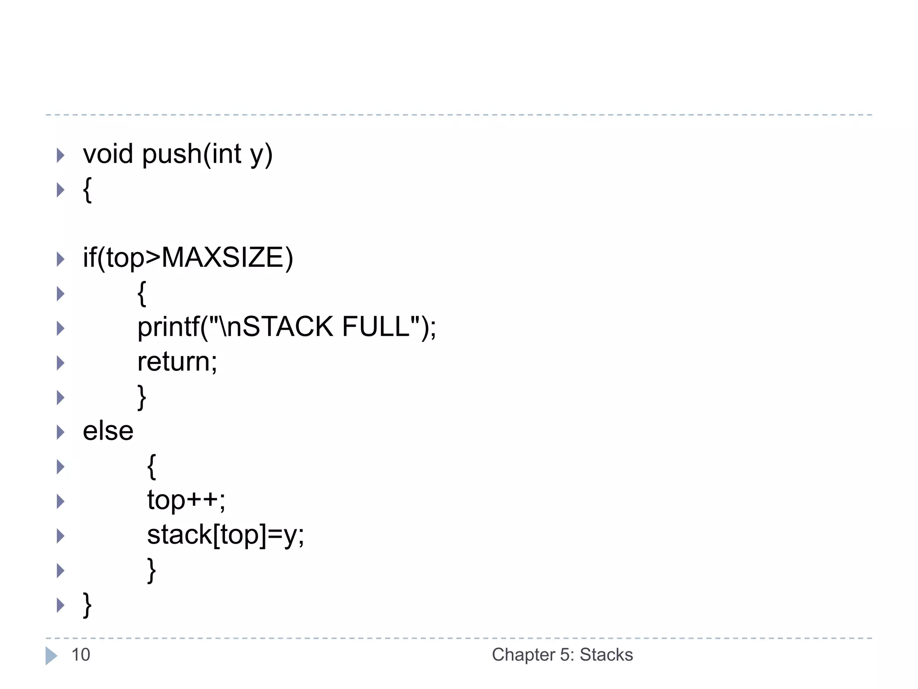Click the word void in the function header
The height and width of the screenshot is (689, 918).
[x=108, y=154]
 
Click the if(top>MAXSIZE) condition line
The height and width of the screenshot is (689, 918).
[x=188, y=258]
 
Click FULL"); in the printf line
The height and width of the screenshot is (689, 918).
[x=389, y=327]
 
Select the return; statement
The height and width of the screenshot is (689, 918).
[x=177, y=362]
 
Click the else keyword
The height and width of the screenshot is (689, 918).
[x=108, y=431]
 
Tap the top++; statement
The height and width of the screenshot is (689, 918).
[x=186, y=500]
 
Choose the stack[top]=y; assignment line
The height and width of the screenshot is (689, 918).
[x=225, y=535]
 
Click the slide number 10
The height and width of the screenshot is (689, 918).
[x=81, y=655]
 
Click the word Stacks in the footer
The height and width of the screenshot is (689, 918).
[x=606, y=655]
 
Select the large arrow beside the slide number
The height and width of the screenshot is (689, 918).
[x=51, y=656]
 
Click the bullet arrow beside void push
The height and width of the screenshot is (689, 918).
[x=61, y=155]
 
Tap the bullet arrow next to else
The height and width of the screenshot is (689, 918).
[x=61, y=432]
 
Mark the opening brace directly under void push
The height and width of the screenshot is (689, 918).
[x=87, y=190]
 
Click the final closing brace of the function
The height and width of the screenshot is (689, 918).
[x=87, y=605]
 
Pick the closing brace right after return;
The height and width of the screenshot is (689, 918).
[x=142, y=397]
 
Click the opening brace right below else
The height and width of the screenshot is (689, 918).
[x=152, y=467]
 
